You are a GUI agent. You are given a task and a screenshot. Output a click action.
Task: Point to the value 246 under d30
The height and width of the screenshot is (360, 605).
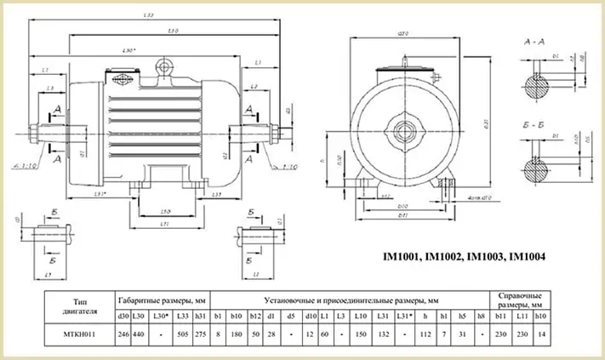pyautogui.click(x=122, y=334)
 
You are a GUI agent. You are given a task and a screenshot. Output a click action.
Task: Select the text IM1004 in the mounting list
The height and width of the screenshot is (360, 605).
pyautogui.click(x=521, y=255)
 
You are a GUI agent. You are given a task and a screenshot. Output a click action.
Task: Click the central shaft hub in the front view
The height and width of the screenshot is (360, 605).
pyautogui.click(x=399, y=133)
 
